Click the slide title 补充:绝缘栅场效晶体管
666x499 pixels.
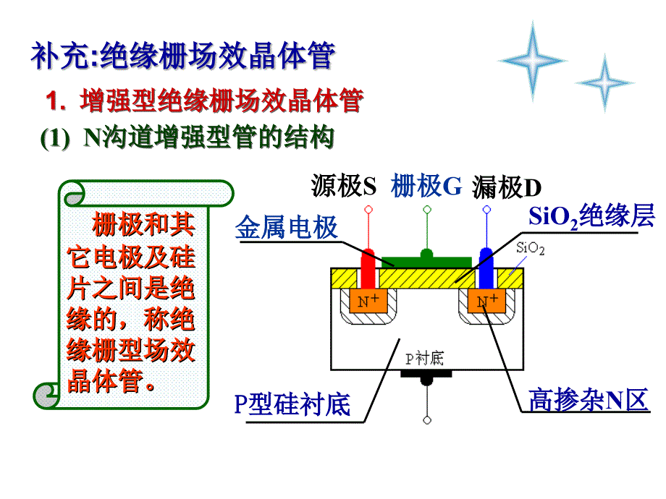pos(182,56)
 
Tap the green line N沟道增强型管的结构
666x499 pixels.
pos(188,137)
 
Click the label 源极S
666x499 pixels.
pos(344,187)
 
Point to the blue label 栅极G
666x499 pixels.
pos(426,187)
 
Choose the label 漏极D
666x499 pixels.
pos(507,188)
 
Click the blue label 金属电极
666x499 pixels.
pos(287,229)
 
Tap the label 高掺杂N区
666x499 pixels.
pos(588,400)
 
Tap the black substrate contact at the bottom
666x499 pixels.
pos(427,377)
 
